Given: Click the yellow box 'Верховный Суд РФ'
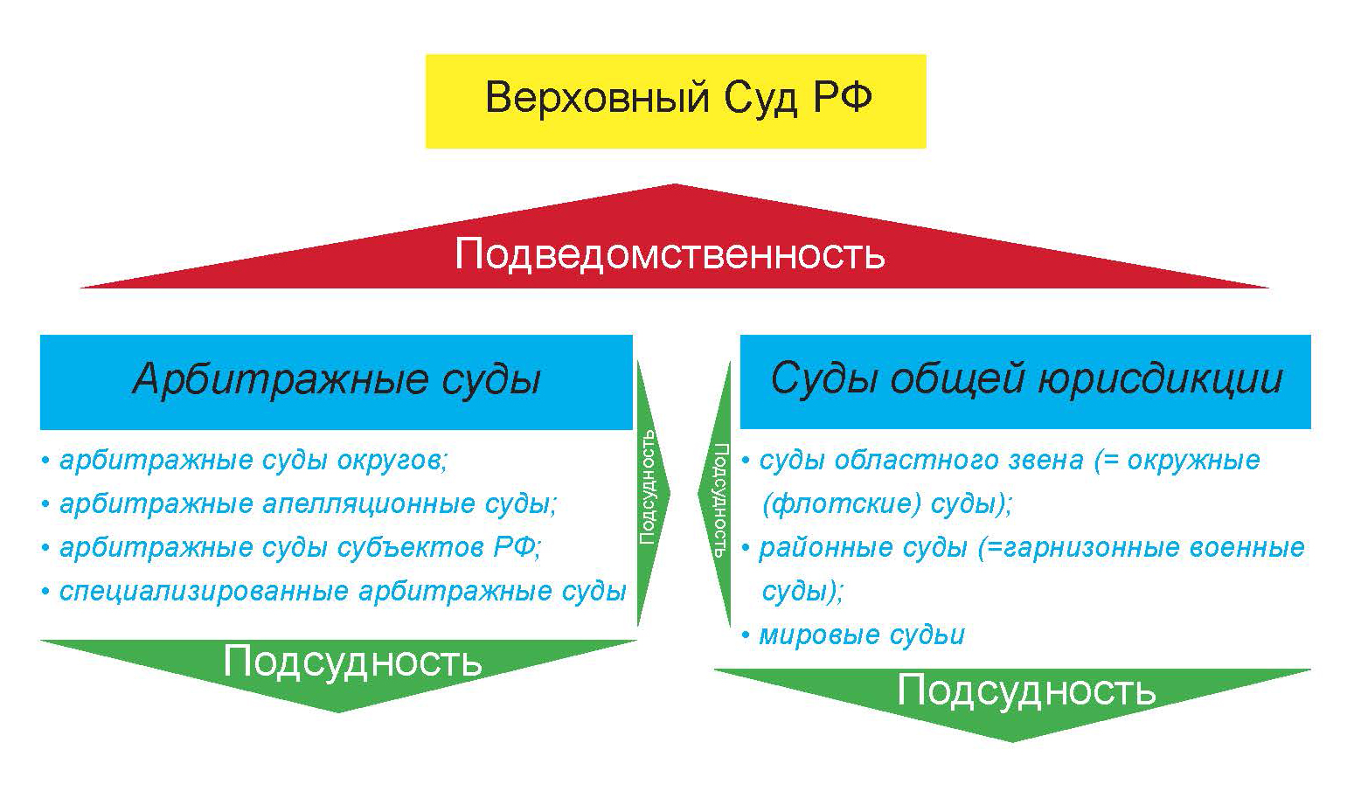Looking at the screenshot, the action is tap(676, 101).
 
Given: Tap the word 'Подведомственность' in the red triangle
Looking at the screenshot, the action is tap(670, 254).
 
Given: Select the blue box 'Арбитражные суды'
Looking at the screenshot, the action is tap(336, 382).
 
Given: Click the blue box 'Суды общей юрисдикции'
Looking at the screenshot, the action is tap(1025, 382).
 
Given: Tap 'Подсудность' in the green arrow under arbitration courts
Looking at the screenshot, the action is tap(352, 661).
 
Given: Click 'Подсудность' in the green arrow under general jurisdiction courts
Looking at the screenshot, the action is tap(1026, 690).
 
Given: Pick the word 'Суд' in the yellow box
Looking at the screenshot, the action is tap(760, 98).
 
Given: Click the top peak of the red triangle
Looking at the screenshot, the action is tap(674, 184).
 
